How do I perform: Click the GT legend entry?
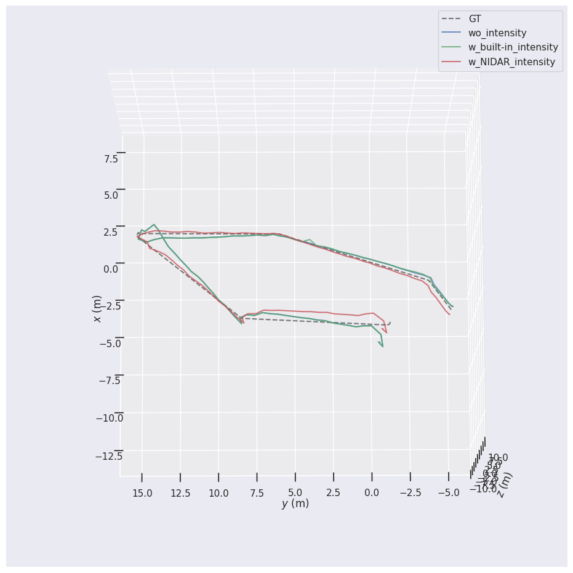475,19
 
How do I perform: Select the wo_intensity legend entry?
497,33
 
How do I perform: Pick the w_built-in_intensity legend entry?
513,47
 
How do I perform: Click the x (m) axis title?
97,308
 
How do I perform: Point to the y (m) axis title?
295,503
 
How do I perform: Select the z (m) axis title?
505,484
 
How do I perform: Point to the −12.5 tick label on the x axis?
109,456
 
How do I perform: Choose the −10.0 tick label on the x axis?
109,419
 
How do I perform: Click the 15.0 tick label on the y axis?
142,494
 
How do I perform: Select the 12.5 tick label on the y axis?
180,494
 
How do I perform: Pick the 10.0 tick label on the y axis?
218,494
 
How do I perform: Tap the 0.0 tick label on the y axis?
372,494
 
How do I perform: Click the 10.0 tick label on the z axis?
498,458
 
